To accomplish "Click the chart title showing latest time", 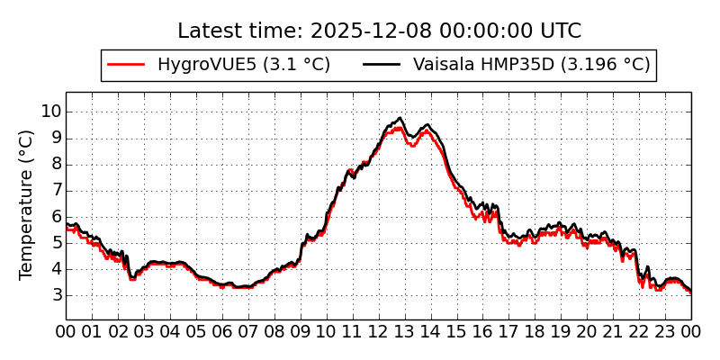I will (379, 31).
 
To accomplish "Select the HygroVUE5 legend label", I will (243, 65).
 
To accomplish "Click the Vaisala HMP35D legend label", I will (531, 65).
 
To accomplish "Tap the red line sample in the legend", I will (126, 65).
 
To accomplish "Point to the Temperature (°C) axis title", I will (27, 204).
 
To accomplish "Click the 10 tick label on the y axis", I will (50, 112).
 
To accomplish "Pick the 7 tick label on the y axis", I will (56, 190).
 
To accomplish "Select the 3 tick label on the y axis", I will (56, 294).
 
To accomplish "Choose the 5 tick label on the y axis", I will (56, 242).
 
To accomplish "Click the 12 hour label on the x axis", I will (379, 331).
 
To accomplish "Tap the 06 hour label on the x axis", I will (222, 331).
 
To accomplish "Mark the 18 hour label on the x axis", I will (535, 331).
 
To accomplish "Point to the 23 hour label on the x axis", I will (665, 331).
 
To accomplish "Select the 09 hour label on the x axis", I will (301, 331).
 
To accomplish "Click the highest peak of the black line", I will (399, 118).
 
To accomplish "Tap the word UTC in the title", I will (561, 31).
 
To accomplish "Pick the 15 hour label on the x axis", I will (457, 331).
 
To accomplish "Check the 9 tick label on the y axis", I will (56, 138).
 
